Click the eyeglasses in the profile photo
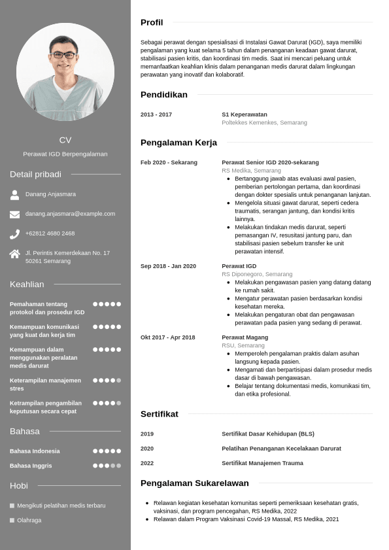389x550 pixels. pos(63,55)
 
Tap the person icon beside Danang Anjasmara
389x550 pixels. pos(14,194)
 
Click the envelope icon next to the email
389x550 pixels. pos(14,214)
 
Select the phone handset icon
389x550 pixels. pos(14,233)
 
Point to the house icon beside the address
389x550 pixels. pos(14,254)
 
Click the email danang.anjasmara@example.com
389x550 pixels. pos(70,214)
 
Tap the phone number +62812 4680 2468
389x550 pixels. pos(50,233)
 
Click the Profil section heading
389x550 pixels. pos(152,22)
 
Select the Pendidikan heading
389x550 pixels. pos(163,95)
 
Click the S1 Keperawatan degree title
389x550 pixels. pos(245,114)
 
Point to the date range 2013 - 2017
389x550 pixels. pos(156,114)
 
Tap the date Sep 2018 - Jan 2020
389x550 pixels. pos(168,266)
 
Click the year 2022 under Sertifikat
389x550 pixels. pos(147,463)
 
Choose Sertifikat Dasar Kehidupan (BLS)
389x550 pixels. pos(268,434)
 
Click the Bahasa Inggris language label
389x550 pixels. pos(31,466)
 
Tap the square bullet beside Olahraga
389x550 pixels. pos(12,521)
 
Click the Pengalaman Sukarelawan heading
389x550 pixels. pos(194,483)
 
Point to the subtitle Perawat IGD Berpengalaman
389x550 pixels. pos(65,154)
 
